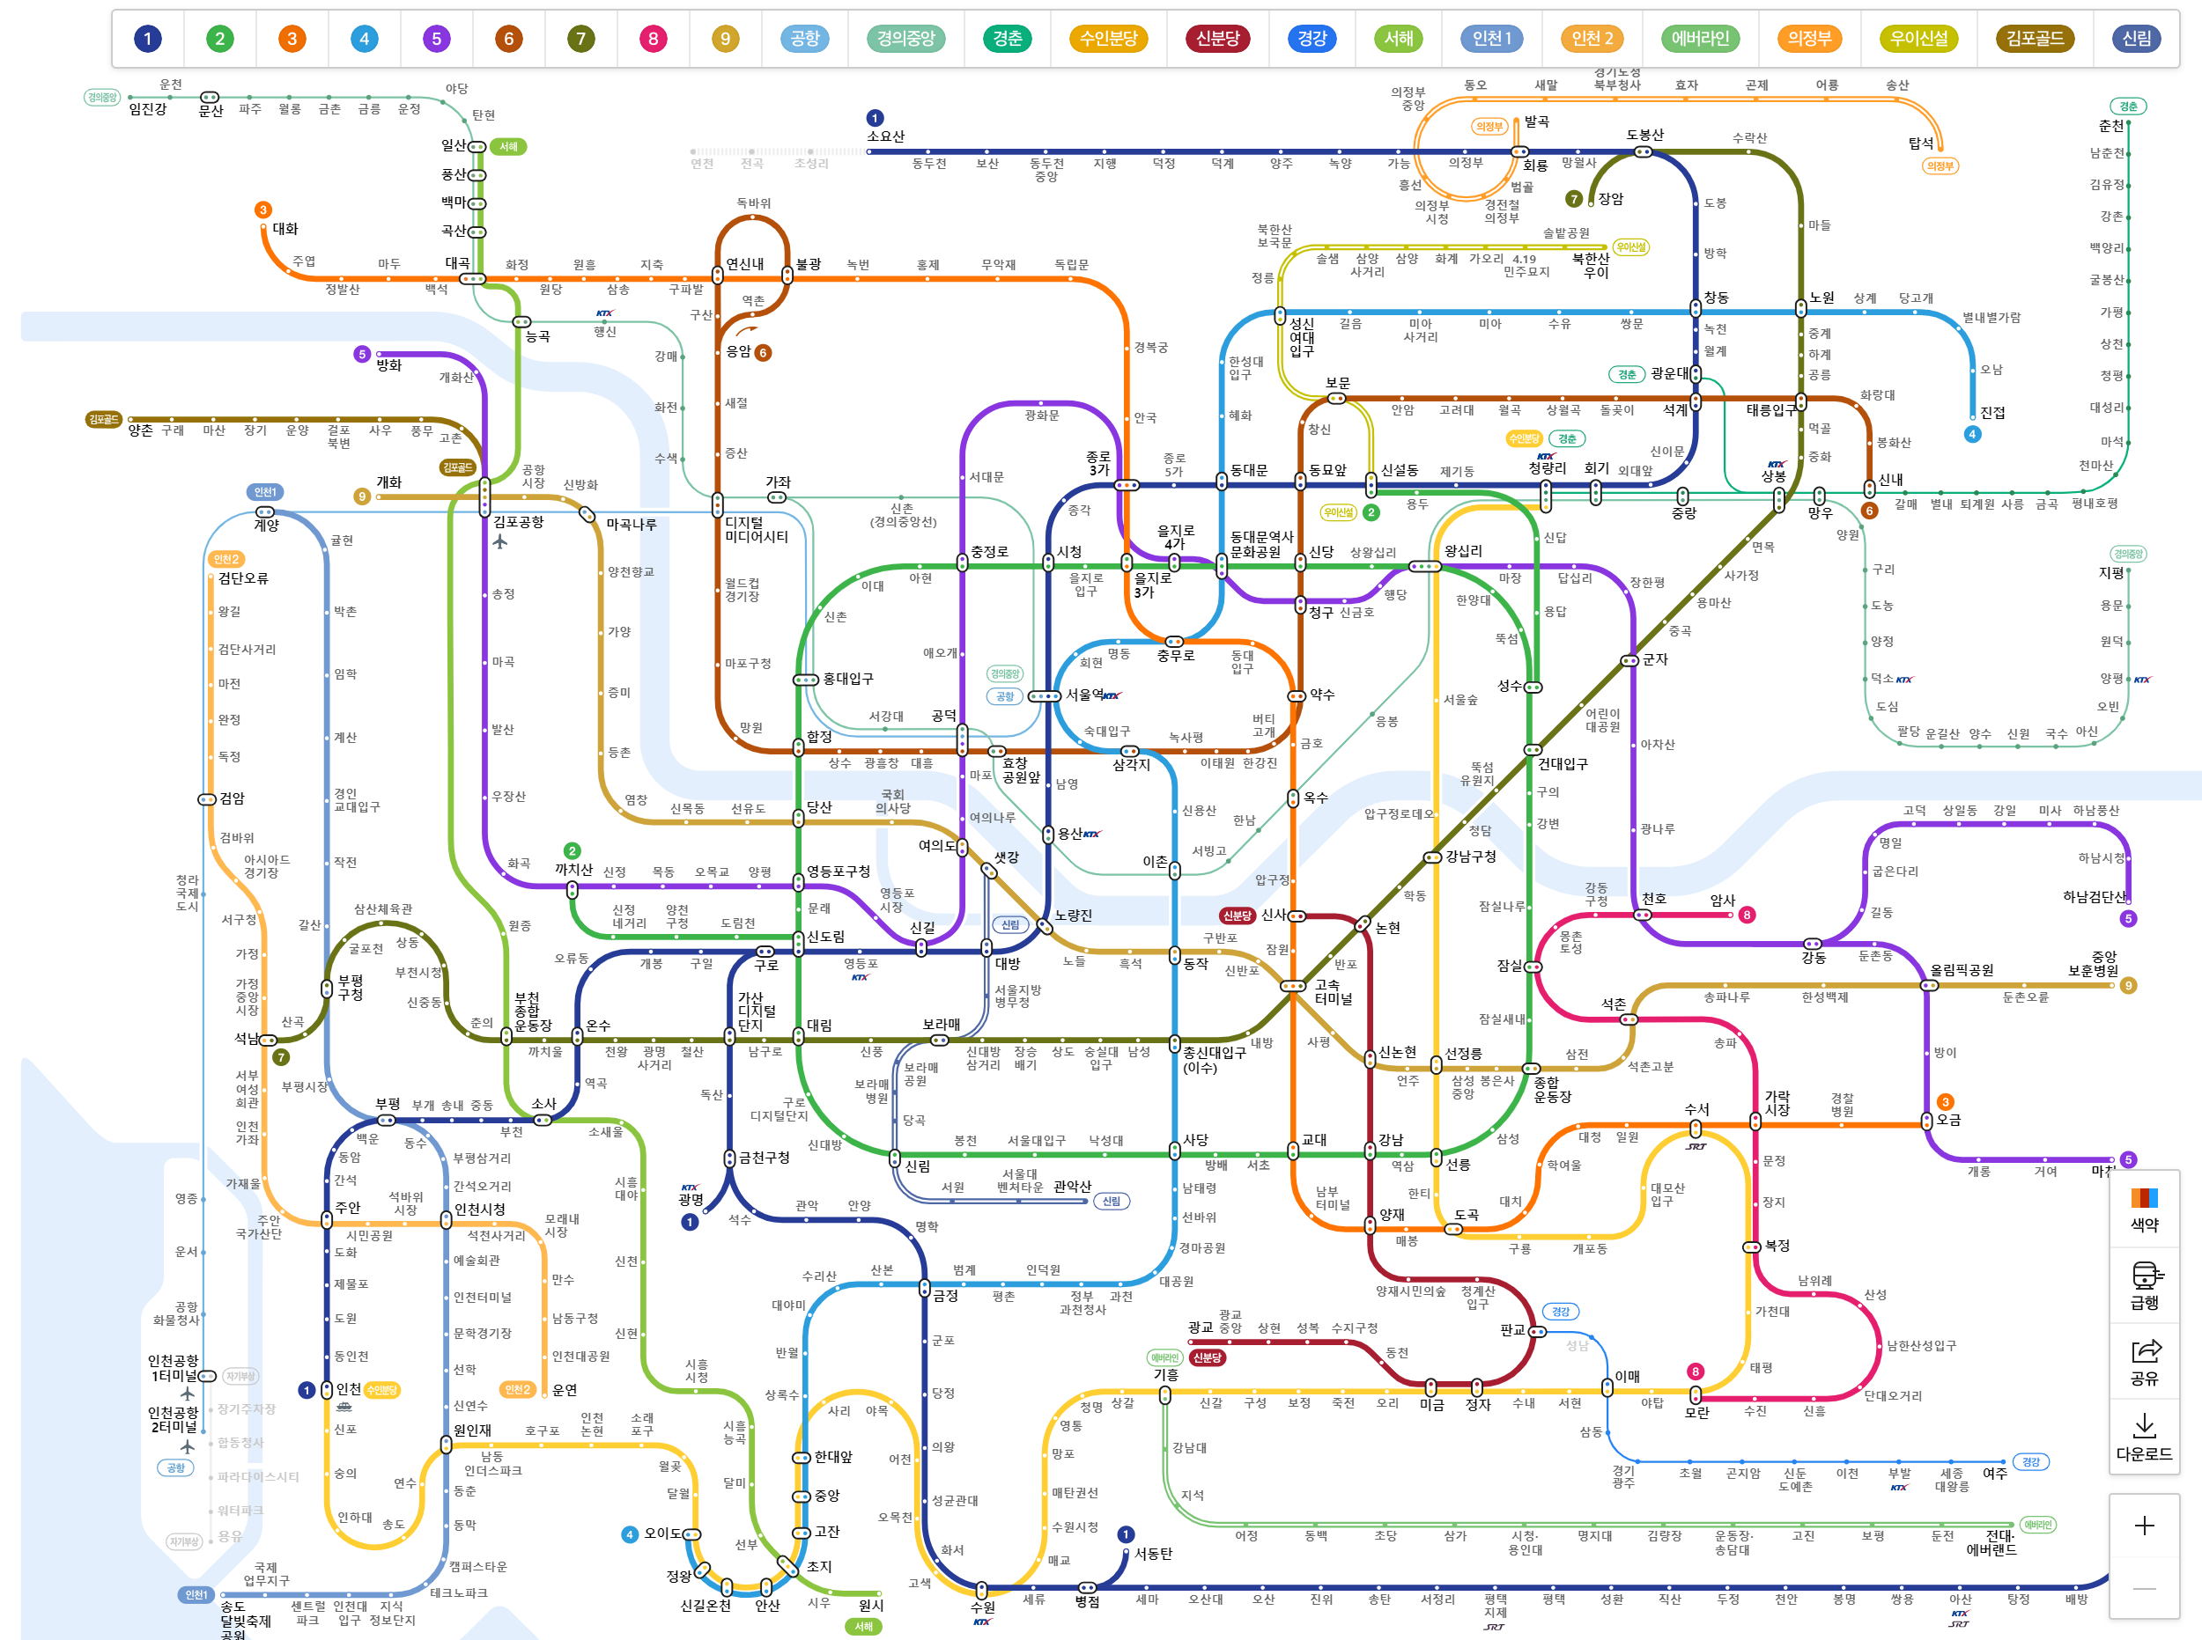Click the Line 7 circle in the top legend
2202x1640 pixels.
581,39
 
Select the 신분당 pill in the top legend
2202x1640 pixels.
1216,39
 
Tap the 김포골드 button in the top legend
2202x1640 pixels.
2034,39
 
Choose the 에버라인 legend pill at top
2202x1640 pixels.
1701,39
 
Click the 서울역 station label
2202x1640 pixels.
1084,695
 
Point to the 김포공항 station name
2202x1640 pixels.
519,522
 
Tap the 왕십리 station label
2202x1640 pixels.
1463,551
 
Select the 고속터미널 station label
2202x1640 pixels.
1333,992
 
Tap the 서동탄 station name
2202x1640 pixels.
1153,1554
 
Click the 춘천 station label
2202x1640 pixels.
2110,126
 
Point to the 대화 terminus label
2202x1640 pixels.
285,228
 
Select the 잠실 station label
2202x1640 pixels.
1510,965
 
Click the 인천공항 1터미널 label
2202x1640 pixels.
173,1368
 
